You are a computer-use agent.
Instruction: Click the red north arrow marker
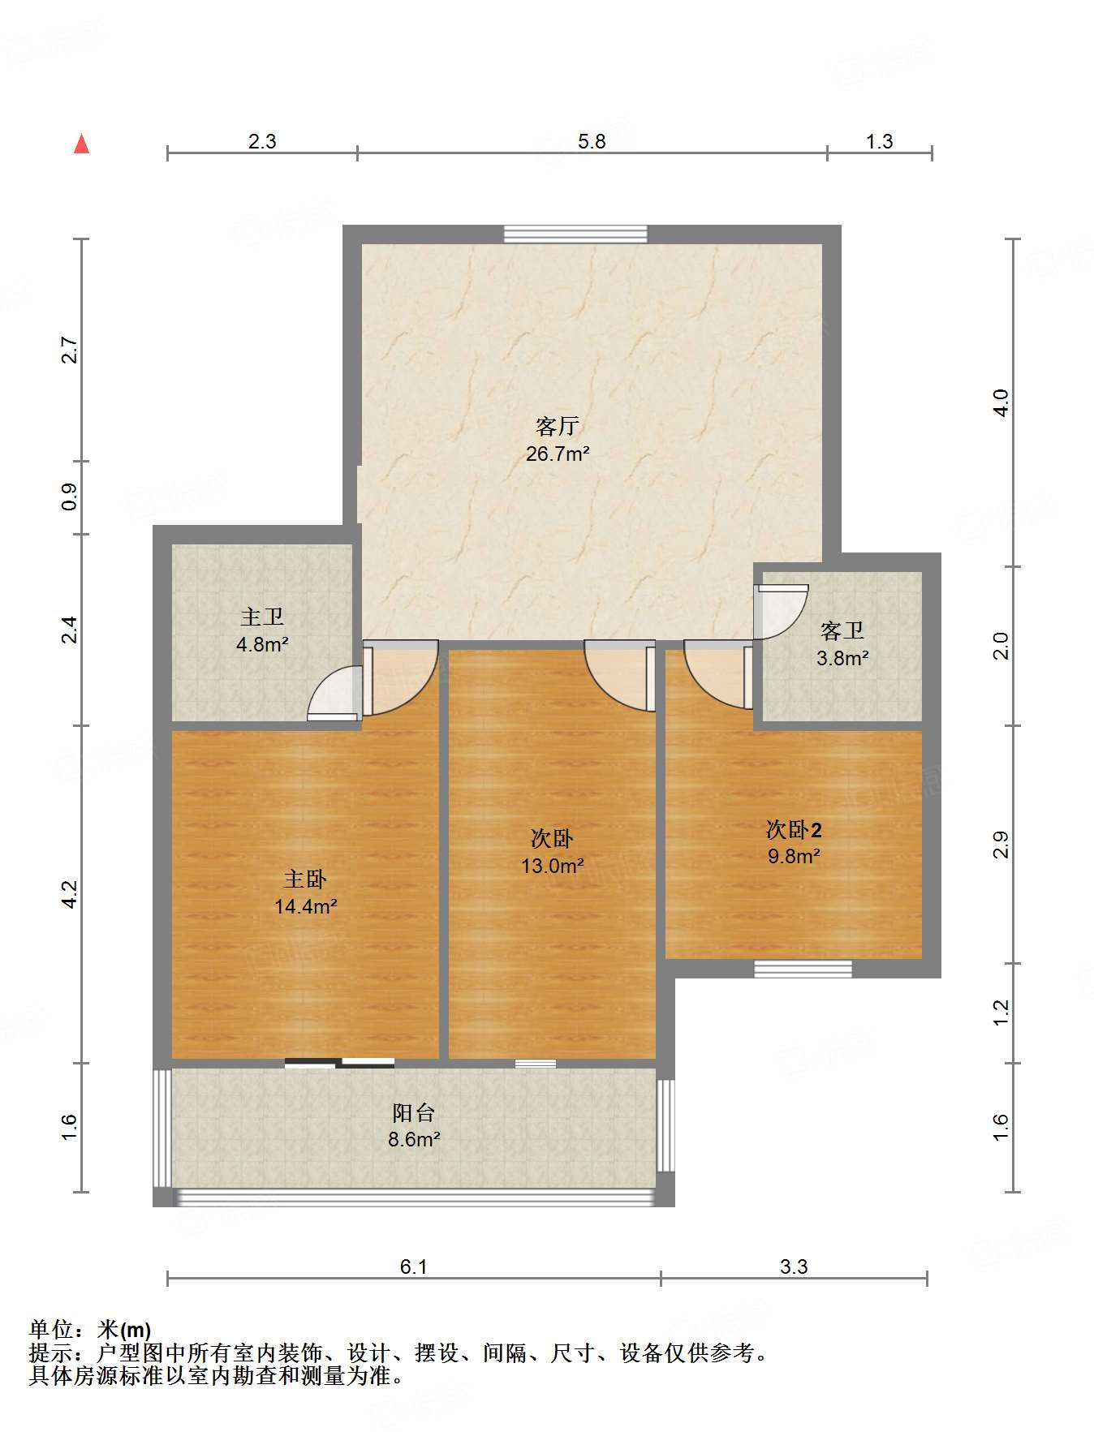pos(81,144)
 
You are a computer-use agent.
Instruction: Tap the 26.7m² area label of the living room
pos(557,454)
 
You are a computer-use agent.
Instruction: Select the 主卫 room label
pos(262,617)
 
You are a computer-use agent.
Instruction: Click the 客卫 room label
pos(842,630)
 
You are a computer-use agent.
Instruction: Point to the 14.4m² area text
pos(305,906)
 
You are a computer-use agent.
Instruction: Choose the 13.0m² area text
pos(552,866)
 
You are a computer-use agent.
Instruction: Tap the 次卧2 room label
pos(794,830)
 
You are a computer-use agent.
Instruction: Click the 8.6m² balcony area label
pos(414,1139)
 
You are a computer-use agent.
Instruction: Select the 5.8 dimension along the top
pos(592,142)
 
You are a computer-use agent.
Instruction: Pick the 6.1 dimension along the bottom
pos(413,1266)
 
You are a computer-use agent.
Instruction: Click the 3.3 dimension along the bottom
pos(794,1266)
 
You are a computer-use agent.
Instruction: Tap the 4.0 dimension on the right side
pos(1001,402)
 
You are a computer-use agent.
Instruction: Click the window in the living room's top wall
pos(575,234)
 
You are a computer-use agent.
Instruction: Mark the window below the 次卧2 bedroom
pos(803,969)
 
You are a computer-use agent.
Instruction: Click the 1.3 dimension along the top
pos(879,142)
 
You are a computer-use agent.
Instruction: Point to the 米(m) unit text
pos(123,1330)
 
